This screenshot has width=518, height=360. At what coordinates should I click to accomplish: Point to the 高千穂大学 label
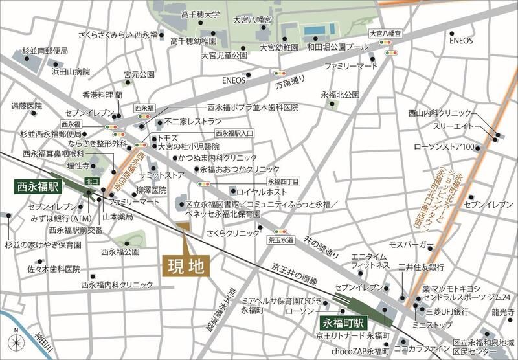click(201, 14)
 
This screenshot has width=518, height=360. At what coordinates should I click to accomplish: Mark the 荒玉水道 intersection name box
click(281, 240)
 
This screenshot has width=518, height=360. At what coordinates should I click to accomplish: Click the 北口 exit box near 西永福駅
click(91, 182)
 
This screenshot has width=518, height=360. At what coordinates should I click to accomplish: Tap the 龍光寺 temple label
click(502, 311)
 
